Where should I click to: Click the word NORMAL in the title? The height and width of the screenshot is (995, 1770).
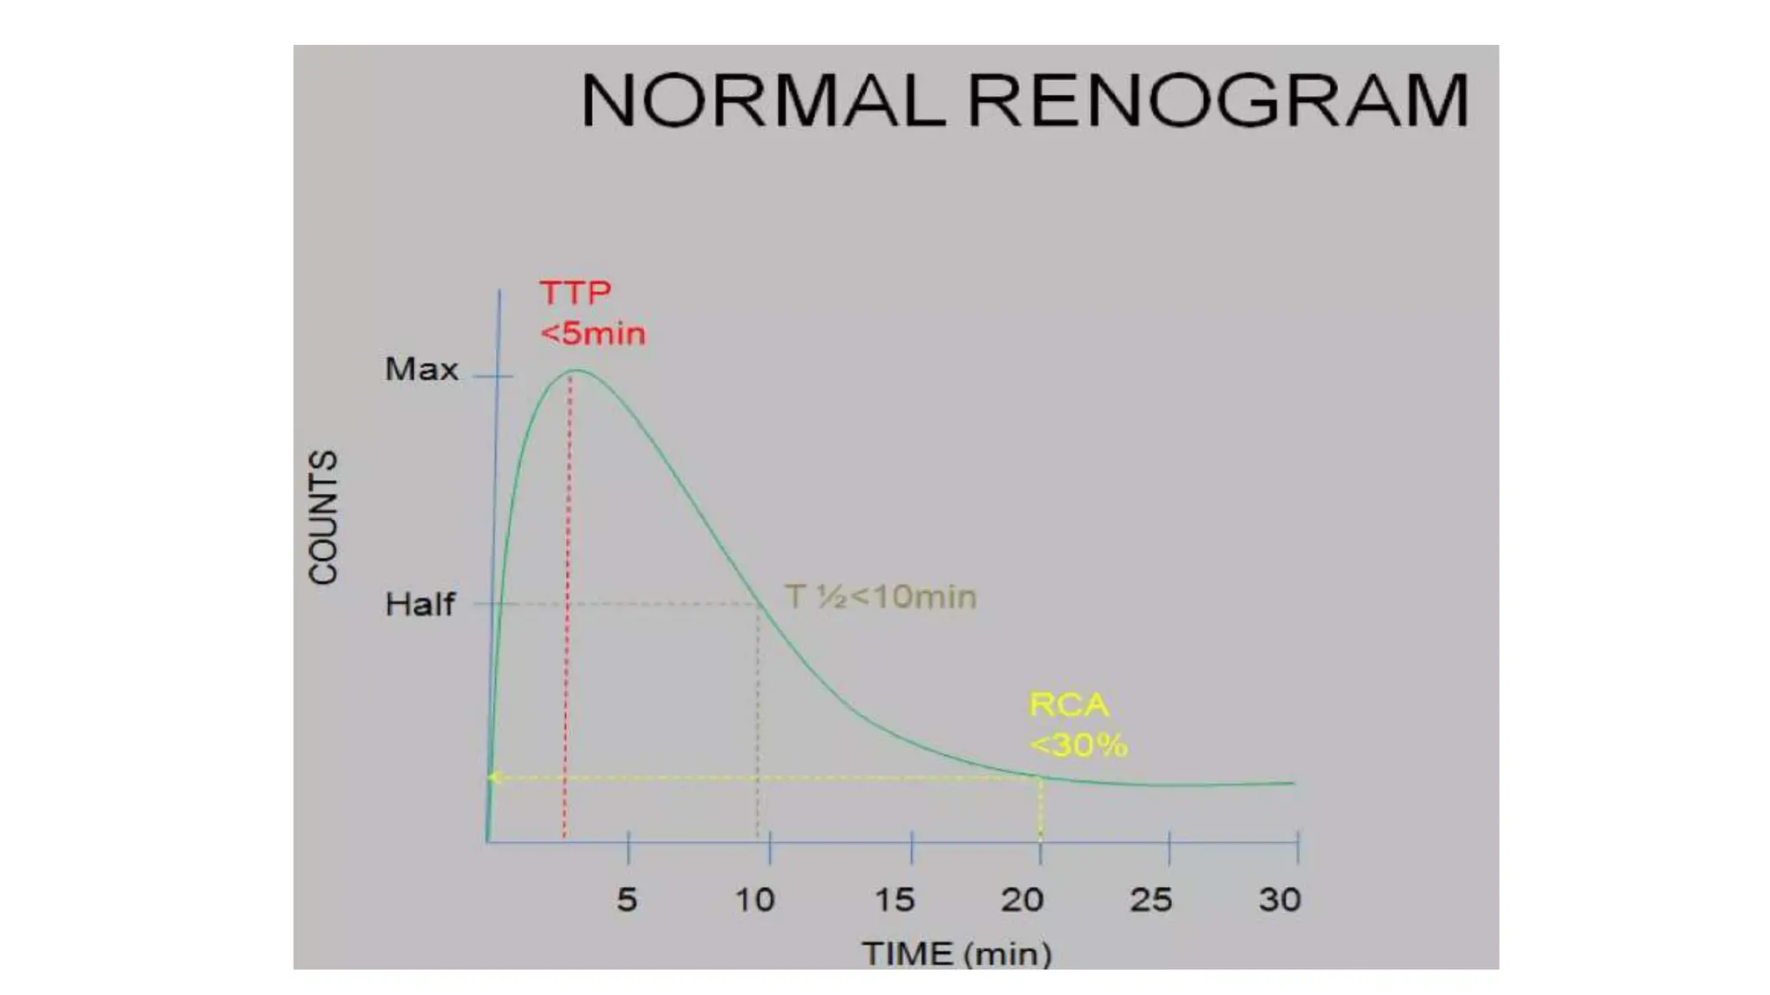click(762, 101)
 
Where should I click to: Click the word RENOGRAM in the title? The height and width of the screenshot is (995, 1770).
click(1217, 101)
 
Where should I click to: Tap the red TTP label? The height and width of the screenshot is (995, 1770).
click(576, 293)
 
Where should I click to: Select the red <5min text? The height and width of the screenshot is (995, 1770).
click(593, 333)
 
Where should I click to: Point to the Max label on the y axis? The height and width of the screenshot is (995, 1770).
click(421, 370)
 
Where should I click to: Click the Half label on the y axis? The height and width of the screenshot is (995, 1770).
click(419, 604)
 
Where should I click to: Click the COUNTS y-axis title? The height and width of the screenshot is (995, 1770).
click(324, 517)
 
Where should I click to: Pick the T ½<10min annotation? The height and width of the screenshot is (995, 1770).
click(880, 597)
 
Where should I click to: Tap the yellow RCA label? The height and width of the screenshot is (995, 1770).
click(1068, 705)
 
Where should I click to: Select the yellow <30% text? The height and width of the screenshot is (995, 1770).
click(1079, 745)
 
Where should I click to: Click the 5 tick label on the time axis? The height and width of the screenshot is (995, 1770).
click(627, 900)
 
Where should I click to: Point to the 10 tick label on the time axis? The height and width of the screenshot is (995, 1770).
click(754, 900)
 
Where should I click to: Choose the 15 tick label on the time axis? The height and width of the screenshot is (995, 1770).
click(895, 900)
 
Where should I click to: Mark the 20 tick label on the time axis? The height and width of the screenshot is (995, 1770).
click(1022, 900)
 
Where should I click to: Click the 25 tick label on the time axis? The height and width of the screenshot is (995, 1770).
click(1151, 900)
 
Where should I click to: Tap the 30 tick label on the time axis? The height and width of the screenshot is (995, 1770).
click(1279, 900)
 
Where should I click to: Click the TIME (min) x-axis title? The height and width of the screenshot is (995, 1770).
click(957, 954)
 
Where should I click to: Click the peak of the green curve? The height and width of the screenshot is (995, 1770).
click(576, 371)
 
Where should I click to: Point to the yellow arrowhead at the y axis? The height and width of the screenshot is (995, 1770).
click(493, 777)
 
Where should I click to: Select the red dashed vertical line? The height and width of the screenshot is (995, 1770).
click(567, 605)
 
